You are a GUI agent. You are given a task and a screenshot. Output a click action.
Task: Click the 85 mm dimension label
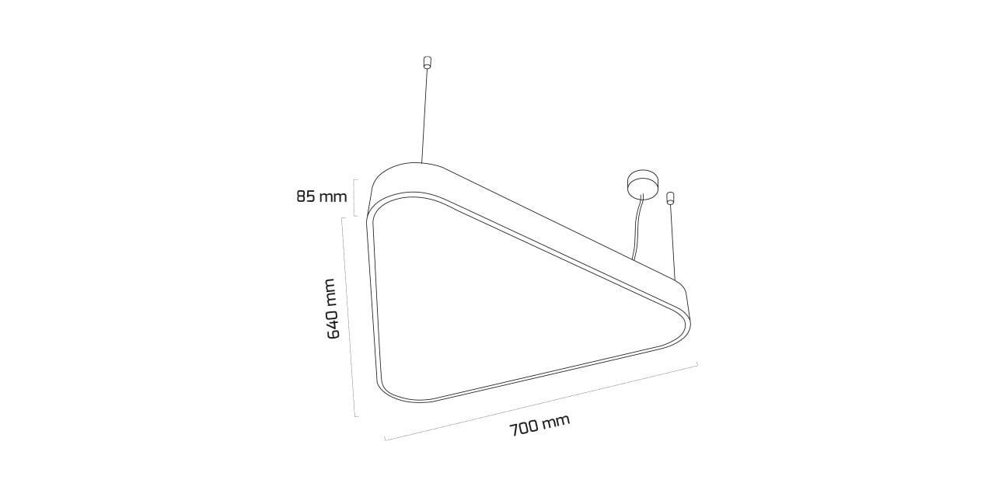pyautogui.click(x=322, y=196)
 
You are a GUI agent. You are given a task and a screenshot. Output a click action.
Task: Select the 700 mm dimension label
pyautogui.click(x=539, y=425)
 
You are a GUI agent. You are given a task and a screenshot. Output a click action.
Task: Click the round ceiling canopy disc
pyautogui.click(x=642, y=182)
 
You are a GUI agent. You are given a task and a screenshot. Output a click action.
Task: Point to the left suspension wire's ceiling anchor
pyautogui.click(x=428, y=63)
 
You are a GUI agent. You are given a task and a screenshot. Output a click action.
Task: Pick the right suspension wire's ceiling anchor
pyautogui.click(x=670, y=198)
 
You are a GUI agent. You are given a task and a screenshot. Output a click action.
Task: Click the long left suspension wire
pyautogui.click(x=424, y=116)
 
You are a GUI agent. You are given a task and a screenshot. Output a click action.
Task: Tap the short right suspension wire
pyautogui.click(x=672, y=242)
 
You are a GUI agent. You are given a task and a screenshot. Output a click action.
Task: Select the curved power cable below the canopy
pyautogui.click(x=637, y=228)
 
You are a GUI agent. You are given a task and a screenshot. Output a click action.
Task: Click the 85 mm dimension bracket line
pyautogui.click(x=354, y=198)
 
